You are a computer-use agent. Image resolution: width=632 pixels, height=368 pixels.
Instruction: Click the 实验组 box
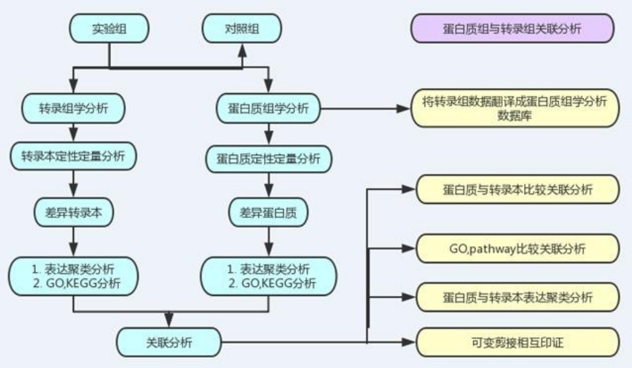tap(109, 28)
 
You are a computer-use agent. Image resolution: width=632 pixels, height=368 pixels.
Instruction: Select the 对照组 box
tap(241, 28)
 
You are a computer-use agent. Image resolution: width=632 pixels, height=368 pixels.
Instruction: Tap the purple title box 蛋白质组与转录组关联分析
tap(513, 28)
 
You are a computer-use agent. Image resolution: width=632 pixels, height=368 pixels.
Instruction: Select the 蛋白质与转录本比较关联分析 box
tap(518, 190)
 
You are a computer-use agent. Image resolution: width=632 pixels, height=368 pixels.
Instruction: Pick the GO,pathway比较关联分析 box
tap(518, 248)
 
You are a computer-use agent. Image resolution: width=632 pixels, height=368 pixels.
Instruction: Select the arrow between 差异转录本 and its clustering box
tap(73, 242)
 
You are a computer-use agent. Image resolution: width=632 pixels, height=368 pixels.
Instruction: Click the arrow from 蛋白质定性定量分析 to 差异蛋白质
tap(267, 184)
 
